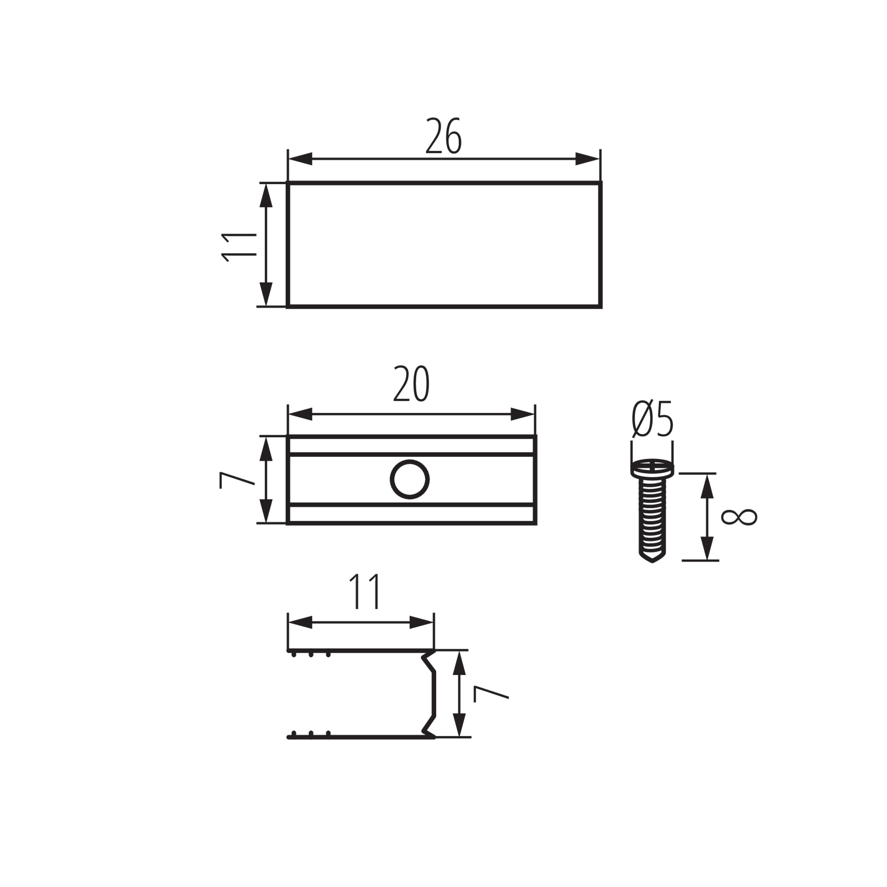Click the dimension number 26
tap(443, 136)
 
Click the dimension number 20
tap(411, 384)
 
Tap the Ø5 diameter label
tap(652, 419)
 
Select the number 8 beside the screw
tap(739, 517)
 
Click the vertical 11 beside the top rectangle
tap(238, 247)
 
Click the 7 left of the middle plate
tap(237, 480)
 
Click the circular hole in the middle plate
tap(410, 479)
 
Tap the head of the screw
tap(652, 468)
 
